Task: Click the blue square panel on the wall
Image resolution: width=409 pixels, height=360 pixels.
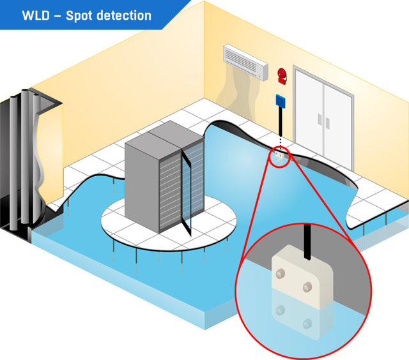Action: (x=280, y=100)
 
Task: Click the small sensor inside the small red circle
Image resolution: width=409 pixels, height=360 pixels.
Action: (x=279, y=154)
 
